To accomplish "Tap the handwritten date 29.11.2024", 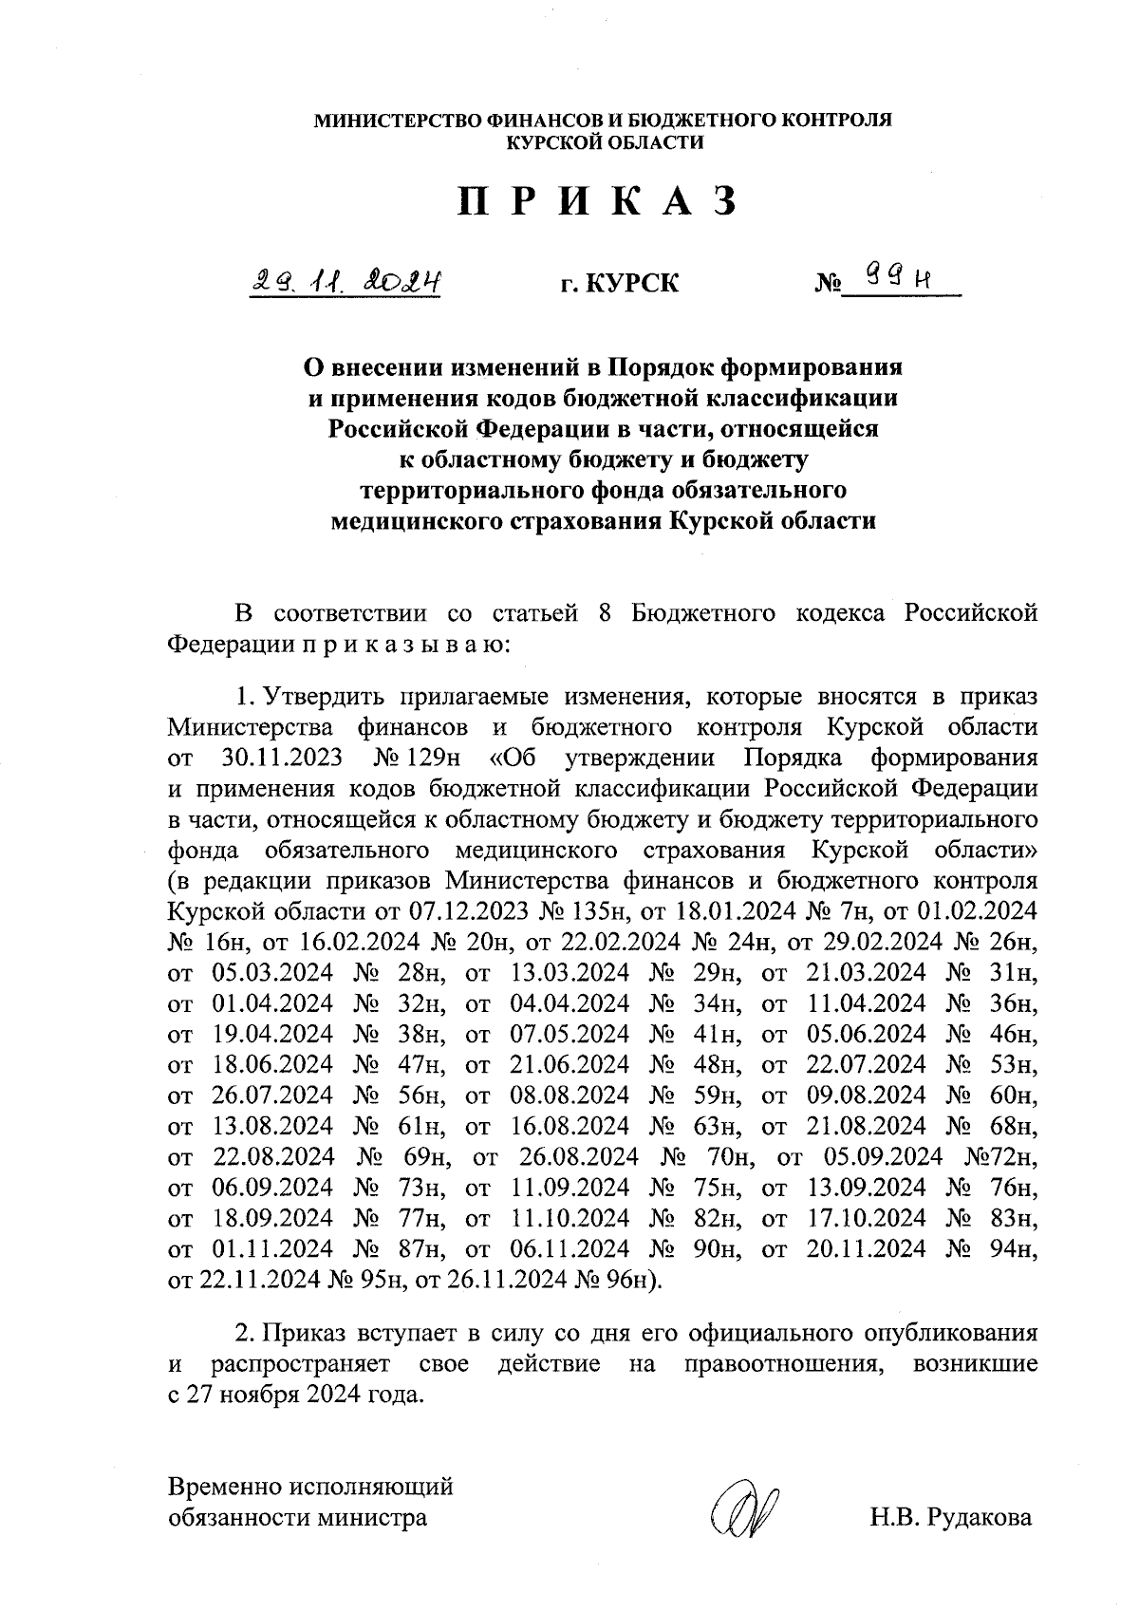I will [x=346, y=282].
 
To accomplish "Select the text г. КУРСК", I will [x=619, y=284].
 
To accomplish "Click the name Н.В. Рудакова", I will [x=950, y=1517].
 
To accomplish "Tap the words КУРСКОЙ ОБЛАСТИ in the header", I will [x=605, y=143].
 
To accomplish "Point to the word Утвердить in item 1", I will [x=314, y=698].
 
